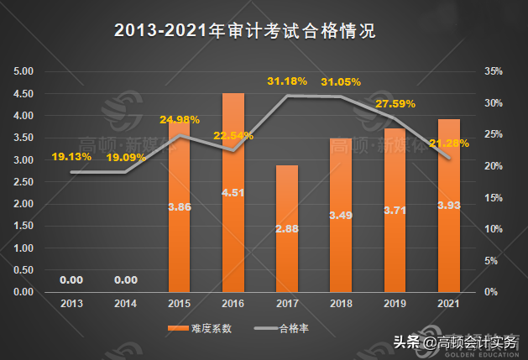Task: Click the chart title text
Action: (243, 32)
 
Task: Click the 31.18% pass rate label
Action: (288, 81)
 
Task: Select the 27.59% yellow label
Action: (396, 104)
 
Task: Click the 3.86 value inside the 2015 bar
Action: (180, 206)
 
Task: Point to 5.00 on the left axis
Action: (24, 71)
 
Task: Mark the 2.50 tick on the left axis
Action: (24, 182)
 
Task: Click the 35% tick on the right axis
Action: (493, 71)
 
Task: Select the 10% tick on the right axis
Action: (493, 229)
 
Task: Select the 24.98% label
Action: (180, 119)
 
